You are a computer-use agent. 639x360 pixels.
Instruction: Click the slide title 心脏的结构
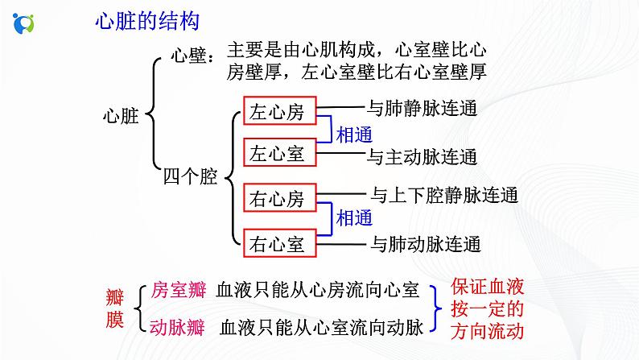pyautogui.click(x=146, y=22)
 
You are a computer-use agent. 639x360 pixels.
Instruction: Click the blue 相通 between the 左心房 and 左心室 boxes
pyautogui.click(x=354, y=133)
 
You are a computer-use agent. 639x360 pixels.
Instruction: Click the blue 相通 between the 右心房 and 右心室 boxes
pyautogui.click(x=354, y=218)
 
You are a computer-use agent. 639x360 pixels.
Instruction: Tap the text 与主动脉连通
pyautogui.click(x=423, y=156)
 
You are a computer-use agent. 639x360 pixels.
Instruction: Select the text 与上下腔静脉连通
pyautogui.click(x=443, y=194)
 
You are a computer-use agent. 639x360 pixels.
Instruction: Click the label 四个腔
pyautogui.click(x=190, y=176)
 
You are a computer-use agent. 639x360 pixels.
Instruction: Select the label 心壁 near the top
pyautogui.click(x=192, y=56)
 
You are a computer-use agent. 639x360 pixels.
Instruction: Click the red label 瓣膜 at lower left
pyautogui.click(x=115, y=308)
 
